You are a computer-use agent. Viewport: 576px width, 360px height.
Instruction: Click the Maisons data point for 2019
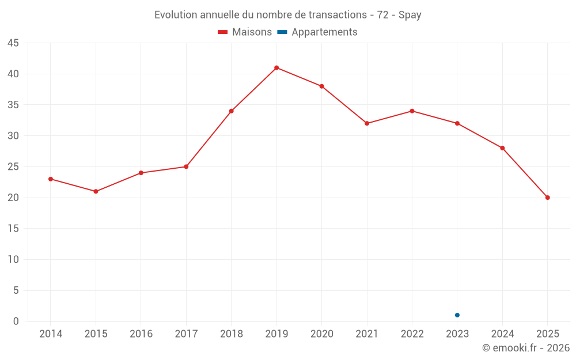[276, 68]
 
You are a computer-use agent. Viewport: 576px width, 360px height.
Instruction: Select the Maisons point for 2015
[96, 191]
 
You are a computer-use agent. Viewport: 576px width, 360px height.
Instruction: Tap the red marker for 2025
[547, 198]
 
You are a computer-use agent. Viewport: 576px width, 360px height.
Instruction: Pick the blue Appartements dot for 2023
[457, 315]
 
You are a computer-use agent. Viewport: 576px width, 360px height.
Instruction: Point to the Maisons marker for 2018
[231, 111]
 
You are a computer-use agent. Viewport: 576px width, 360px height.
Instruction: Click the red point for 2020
[321, 86]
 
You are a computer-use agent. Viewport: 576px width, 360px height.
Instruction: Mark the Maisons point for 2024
[502, 148]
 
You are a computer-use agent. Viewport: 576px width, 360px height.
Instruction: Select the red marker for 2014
[51, 179]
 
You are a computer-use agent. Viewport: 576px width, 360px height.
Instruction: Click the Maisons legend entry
[245, 32]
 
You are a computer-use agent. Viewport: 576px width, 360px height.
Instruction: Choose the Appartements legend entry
[317, 32]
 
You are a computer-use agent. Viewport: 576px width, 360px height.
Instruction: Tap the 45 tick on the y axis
[13, 43]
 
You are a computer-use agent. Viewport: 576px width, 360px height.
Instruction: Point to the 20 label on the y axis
[13, 198]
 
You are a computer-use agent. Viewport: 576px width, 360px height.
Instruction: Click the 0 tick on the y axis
[16, 321]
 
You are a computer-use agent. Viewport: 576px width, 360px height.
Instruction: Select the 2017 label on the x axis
[186, 334]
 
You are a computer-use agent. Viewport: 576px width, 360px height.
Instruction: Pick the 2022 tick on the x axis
[412, 334]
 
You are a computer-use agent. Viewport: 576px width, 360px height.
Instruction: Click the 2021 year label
[367, 334]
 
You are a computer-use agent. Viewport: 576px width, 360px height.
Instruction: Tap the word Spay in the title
[410, 15]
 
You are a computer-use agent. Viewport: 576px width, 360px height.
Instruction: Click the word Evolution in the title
[176, 15]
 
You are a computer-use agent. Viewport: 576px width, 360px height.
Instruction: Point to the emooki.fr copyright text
[526, 348]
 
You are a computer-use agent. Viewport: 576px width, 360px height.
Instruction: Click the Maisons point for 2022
[412, 111]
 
